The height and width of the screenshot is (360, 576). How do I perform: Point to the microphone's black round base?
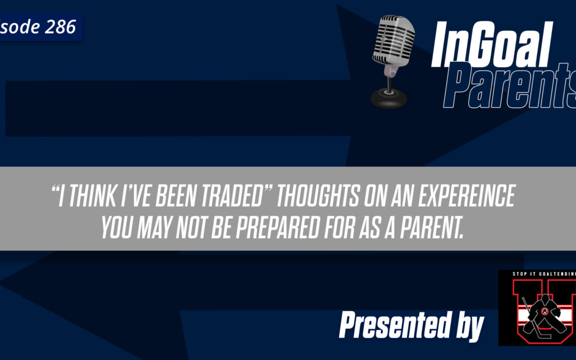tap(388, 98)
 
